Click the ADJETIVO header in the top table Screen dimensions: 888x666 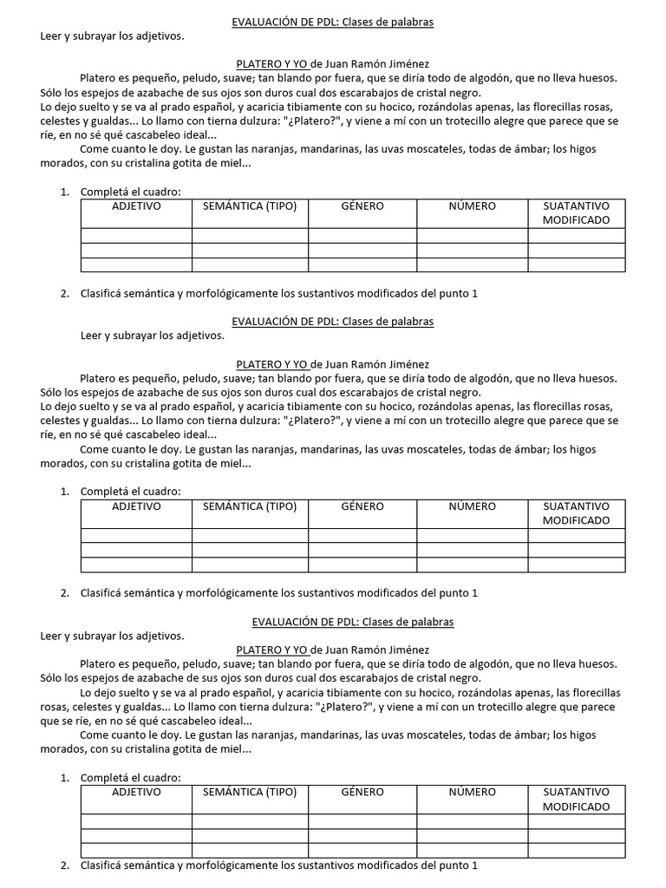pos(136,206)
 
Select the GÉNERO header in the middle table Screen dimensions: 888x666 pos(362,506)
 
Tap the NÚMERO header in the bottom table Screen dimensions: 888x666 pos(473,792)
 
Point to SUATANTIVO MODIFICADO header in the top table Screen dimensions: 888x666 pos(576,213)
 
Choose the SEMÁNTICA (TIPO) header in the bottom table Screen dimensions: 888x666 pos(250,792)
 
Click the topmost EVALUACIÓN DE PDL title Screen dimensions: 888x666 pos(333,23)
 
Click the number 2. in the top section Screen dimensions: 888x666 pos(65,293)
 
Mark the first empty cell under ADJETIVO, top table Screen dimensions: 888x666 pos(136,235)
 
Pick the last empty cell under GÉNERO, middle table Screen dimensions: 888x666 pos(362,565)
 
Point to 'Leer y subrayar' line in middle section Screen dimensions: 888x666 pos(152,335)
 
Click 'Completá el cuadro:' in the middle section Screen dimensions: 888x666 pos(130,492)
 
